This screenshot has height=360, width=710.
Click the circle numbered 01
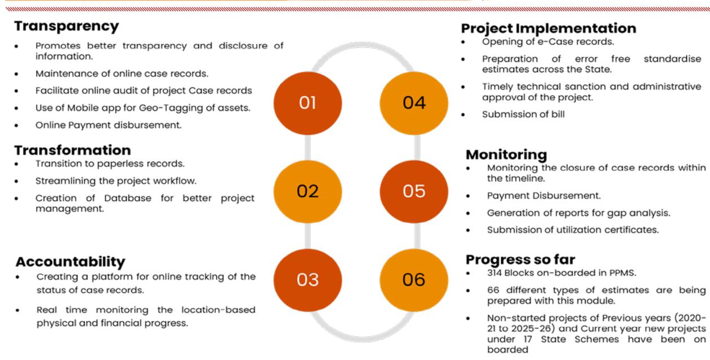307,103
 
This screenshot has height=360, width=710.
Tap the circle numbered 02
307,192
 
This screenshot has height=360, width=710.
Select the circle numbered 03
307,280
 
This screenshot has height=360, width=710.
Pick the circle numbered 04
413,103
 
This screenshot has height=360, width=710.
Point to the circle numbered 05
413,192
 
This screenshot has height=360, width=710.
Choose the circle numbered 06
413,280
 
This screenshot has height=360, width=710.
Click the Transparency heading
67,27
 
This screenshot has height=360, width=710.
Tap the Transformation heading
73,150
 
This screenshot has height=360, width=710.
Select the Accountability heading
70,262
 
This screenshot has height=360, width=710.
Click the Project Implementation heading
548,28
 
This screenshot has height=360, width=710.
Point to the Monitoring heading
506,155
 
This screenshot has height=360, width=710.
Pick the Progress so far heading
520,260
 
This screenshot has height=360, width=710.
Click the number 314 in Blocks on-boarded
495,273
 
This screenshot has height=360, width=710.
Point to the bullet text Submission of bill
523,114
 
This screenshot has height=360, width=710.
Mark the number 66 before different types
493,290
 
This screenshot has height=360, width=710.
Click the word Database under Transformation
128,198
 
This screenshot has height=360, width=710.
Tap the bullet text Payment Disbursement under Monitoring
544,196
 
